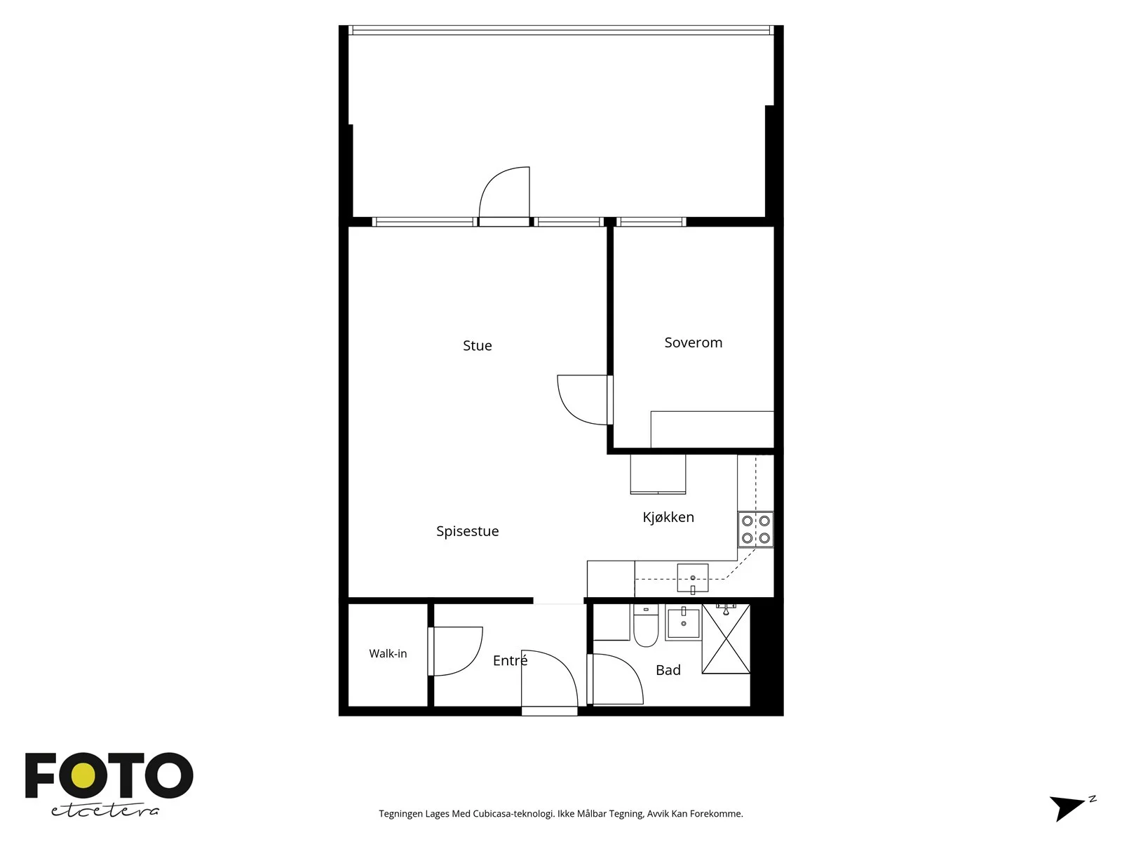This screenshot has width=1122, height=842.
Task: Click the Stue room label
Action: (477, 346)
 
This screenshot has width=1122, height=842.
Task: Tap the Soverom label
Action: (693, 342)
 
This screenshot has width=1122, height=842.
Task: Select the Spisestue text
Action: (467, 531)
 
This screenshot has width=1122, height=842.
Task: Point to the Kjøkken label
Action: (668, 517)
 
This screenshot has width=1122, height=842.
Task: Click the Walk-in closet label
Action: (388, 653)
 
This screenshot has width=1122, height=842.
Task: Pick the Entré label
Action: (510, 660)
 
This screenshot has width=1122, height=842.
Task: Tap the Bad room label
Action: (668, 670)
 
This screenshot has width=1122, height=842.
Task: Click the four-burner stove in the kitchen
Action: (755, 530)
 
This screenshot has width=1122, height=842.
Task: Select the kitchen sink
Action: (693, 578)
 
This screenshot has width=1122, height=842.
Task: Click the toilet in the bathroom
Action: (646, 624)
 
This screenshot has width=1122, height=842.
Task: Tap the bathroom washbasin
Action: (684, 622)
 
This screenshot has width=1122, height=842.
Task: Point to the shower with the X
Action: (726, 639)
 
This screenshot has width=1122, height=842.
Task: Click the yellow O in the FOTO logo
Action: (83, 776)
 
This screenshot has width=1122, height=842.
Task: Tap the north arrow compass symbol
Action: (1070, 808)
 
